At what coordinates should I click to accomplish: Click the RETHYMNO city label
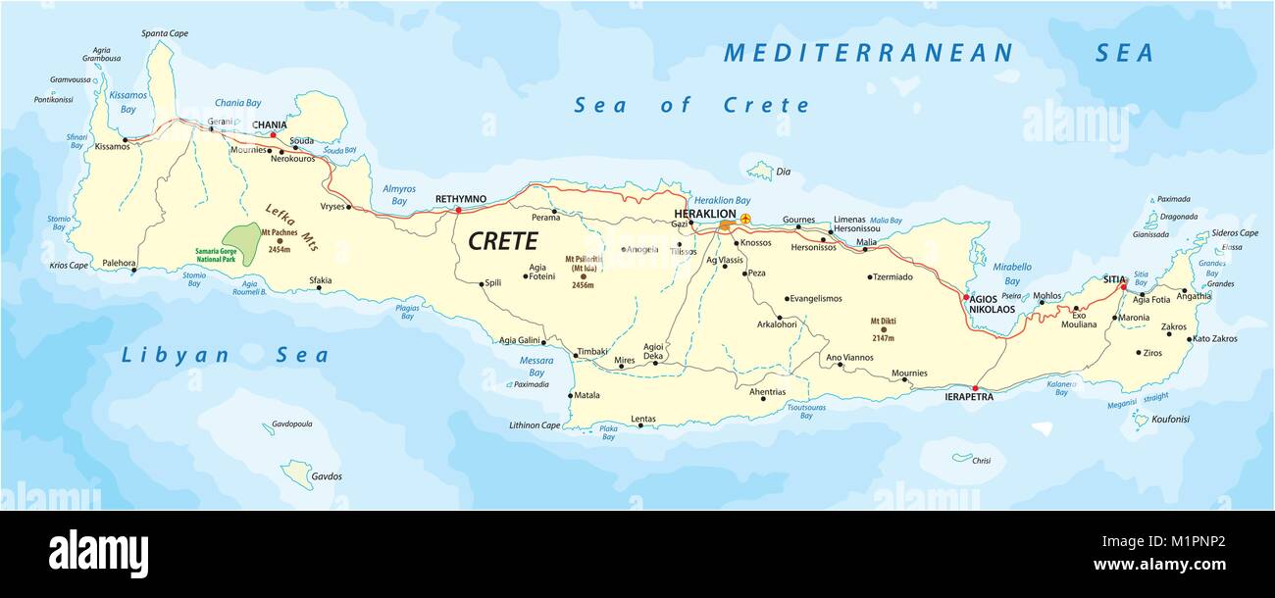461,199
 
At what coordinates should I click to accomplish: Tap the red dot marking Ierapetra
974,388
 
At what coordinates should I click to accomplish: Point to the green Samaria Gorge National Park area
241,239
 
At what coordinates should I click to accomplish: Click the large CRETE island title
502,241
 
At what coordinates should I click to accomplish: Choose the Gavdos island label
327,476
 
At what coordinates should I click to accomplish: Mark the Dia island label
783,172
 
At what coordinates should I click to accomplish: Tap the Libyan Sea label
225,356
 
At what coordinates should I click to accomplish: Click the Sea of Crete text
692,105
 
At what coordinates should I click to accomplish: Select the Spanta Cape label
165,33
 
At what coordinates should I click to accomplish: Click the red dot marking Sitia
1123,287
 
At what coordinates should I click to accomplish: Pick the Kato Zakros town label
1214,339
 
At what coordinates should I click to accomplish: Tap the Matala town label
586,396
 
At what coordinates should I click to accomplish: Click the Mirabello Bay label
1011,274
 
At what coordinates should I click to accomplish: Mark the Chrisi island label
982,461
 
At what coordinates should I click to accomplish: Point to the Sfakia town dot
319,289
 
